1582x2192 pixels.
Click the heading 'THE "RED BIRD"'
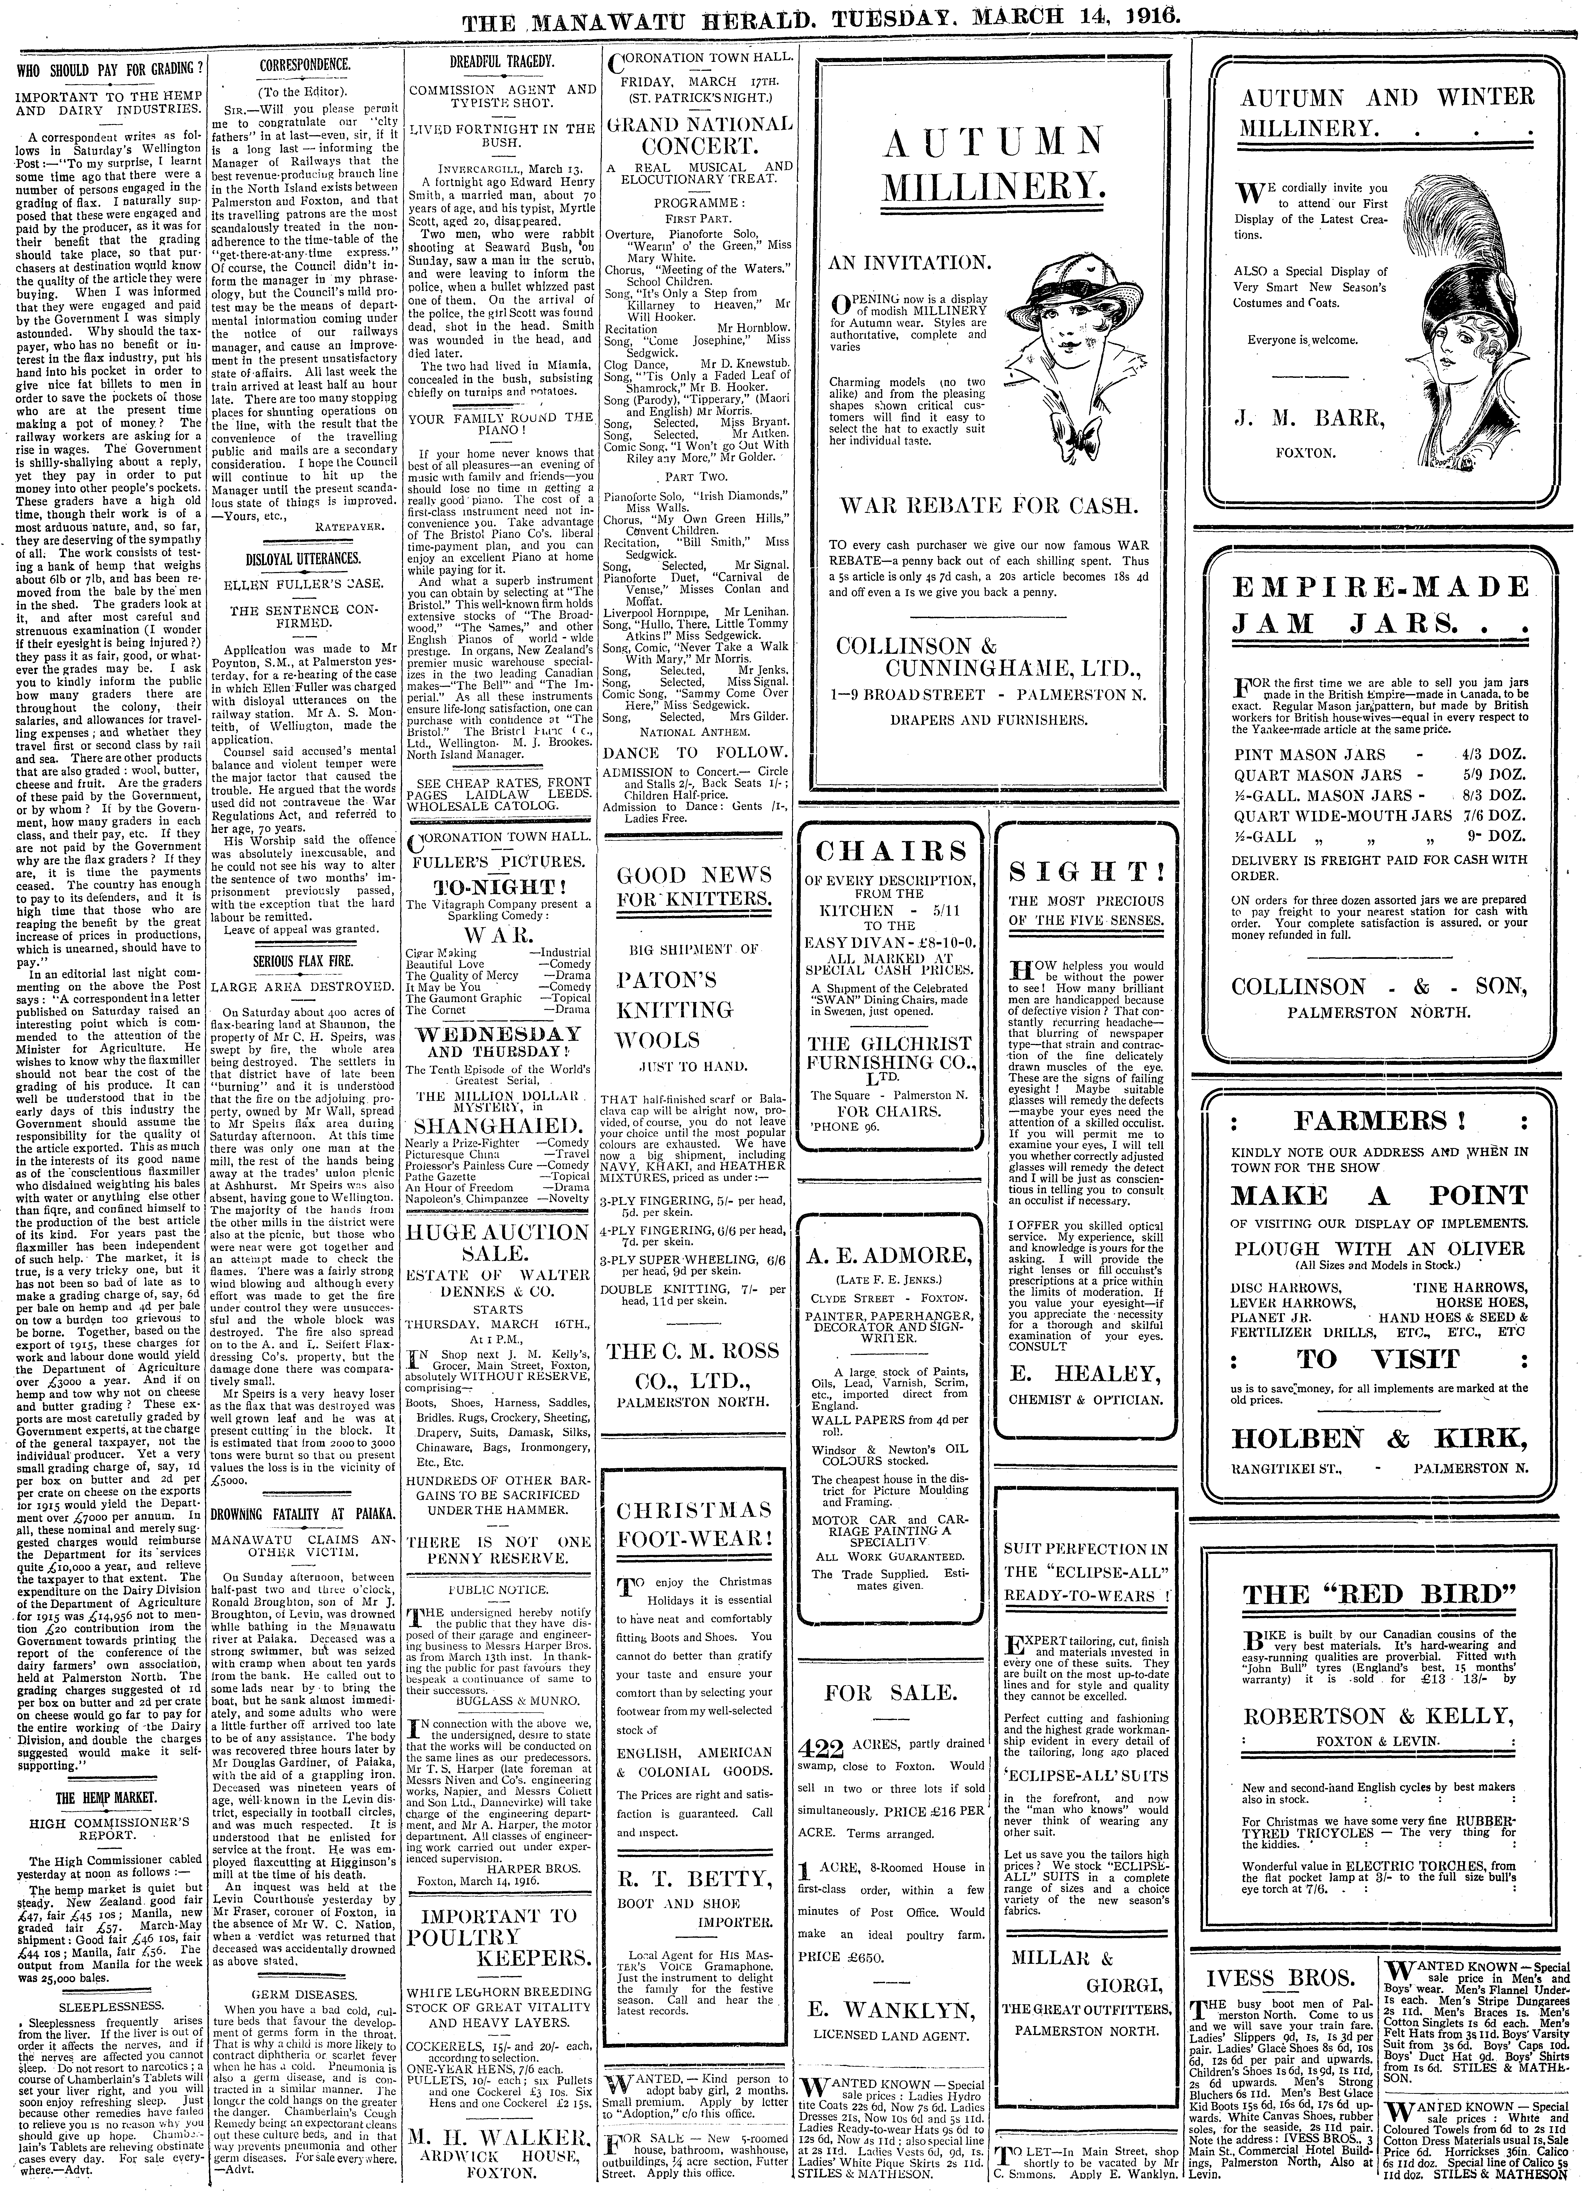(1378, 1594)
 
